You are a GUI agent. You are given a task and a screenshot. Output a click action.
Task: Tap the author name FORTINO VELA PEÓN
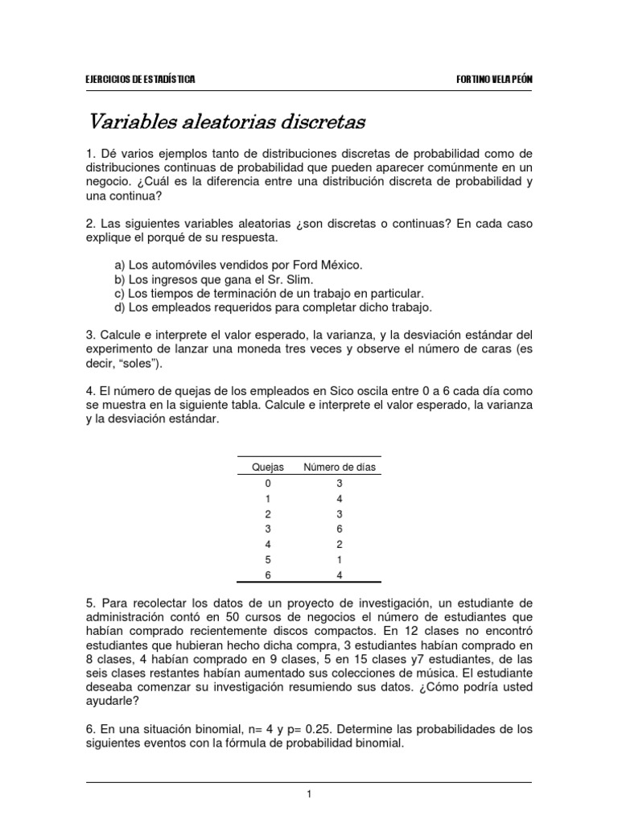pos(492,80)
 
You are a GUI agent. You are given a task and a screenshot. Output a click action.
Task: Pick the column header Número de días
pos(339,467)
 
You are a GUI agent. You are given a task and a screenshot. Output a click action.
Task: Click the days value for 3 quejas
pos(340,529)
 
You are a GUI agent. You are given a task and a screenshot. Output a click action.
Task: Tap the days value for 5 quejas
pos(340,559)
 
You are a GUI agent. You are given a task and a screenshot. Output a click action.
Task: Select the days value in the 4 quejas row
pos(340,544)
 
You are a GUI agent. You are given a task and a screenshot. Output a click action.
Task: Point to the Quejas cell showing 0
pos(268,483)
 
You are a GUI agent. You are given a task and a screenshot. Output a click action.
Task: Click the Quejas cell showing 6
pos(268,575)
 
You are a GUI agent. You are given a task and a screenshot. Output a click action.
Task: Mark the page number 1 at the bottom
pos(308,794)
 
